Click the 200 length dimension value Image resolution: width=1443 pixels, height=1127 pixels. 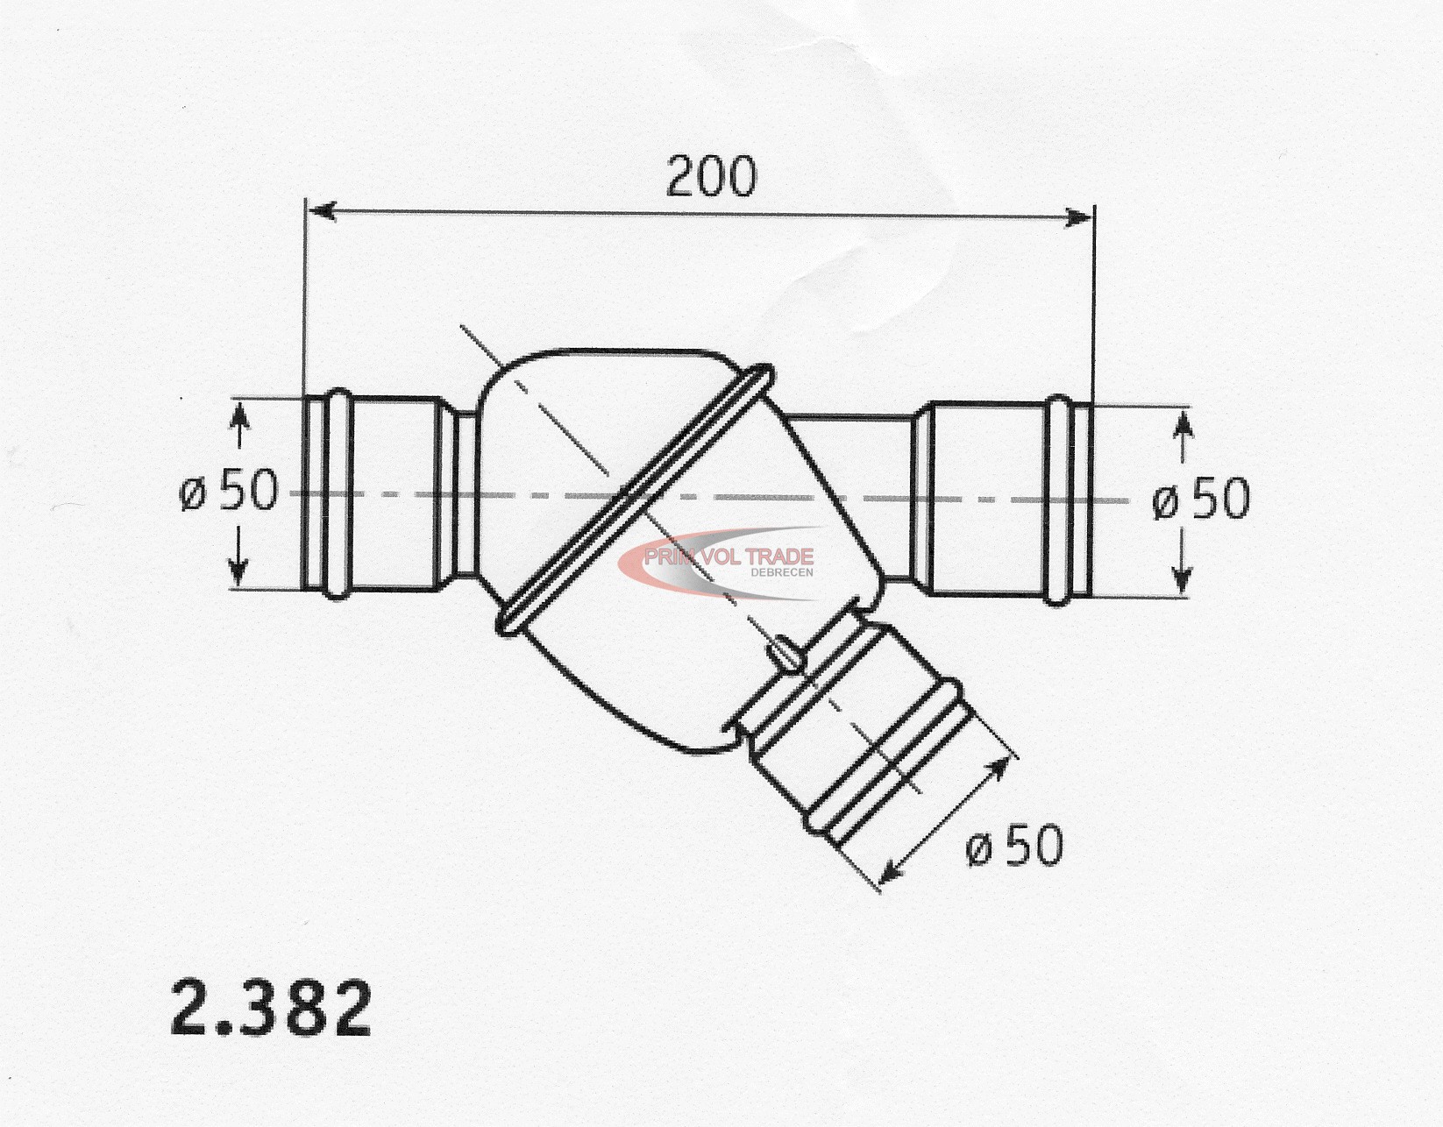711,176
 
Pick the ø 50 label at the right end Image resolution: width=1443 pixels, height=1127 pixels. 1201,500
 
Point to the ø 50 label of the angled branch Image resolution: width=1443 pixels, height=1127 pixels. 1014,846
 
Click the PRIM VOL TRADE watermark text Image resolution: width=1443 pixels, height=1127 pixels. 729,556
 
